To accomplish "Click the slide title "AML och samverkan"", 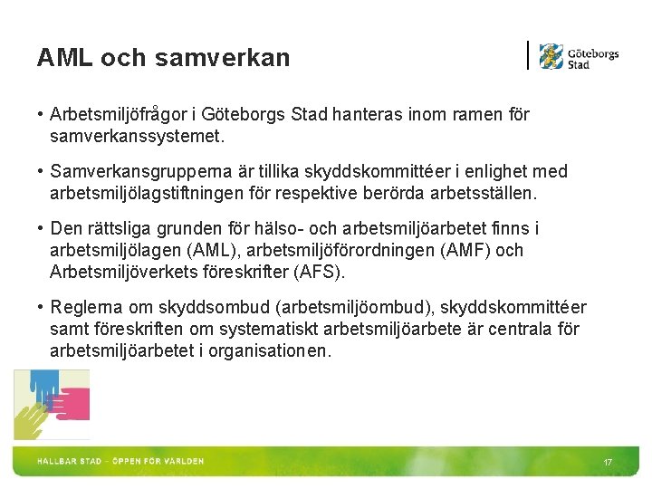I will (163, 58).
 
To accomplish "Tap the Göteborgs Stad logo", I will (579, 57).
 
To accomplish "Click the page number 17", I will (608, 463).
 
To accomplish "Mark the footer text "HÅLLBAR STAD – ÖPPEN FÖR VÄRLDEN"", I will (120, 461).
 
